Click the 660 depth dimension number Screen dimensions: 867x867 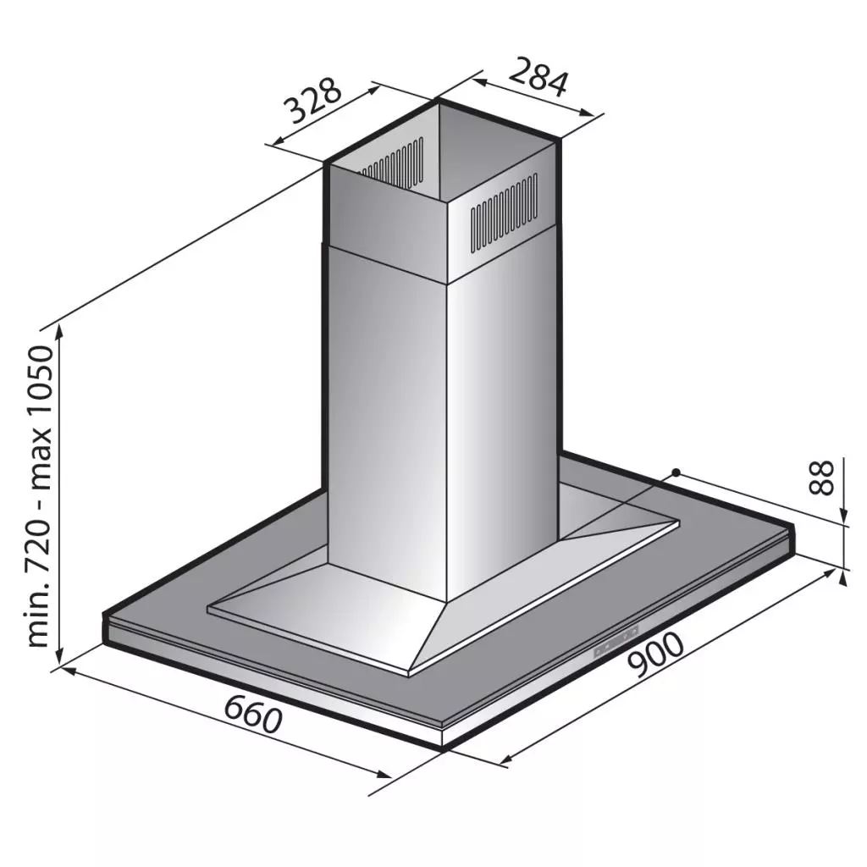click(251, 714)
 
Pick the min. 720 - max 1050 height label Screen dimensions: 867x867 click(41, 497)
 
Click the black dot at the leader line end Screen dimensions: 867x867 click(676, 472)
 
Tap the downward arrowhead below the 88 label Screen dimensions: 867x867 click(844, 517)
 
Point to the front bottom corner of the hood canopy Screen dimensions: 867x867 click(443, 748)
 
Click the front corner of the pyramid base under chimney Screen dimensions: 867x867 click(410, 672)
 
